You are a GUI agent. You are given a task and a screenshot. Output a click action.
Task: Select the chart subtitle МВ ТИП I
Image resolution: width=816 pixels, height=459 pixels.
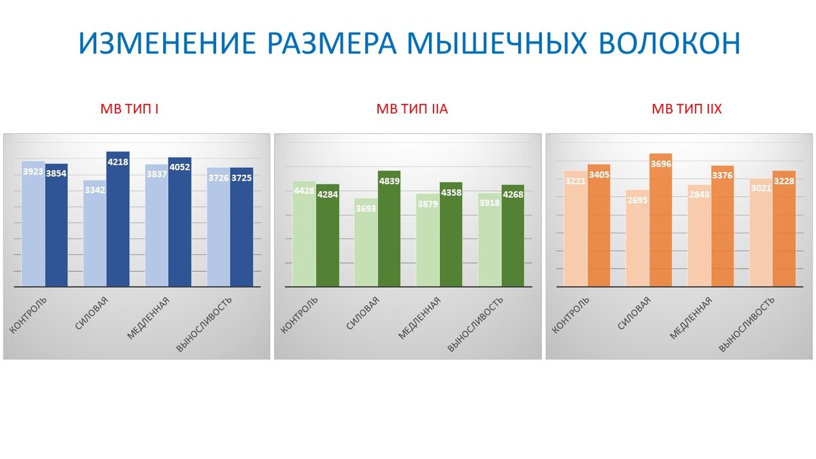[x=129, y=109]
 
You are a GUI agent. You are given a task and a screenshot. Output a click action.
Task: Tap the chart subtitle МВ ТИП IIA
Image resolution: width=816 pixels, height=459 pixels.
[x=412, y=109]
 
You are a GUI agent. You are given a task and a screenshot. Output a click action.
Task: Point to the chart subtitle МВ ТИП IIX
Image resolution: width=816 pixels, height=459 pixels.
[x=687, y=109]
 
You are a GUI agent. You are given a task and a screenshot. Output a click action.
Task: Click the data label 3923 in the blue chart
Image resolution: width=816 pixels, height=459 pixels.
[x=33, y=173]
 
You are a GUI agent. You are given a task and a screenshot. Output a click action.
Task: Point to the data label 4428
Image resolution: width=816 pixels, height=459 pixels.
[x=304, y=190]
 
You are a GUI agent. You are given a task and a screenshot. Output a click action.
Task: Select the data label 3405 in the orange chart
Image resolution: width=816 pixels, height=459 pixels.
[x=599, y=175]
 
